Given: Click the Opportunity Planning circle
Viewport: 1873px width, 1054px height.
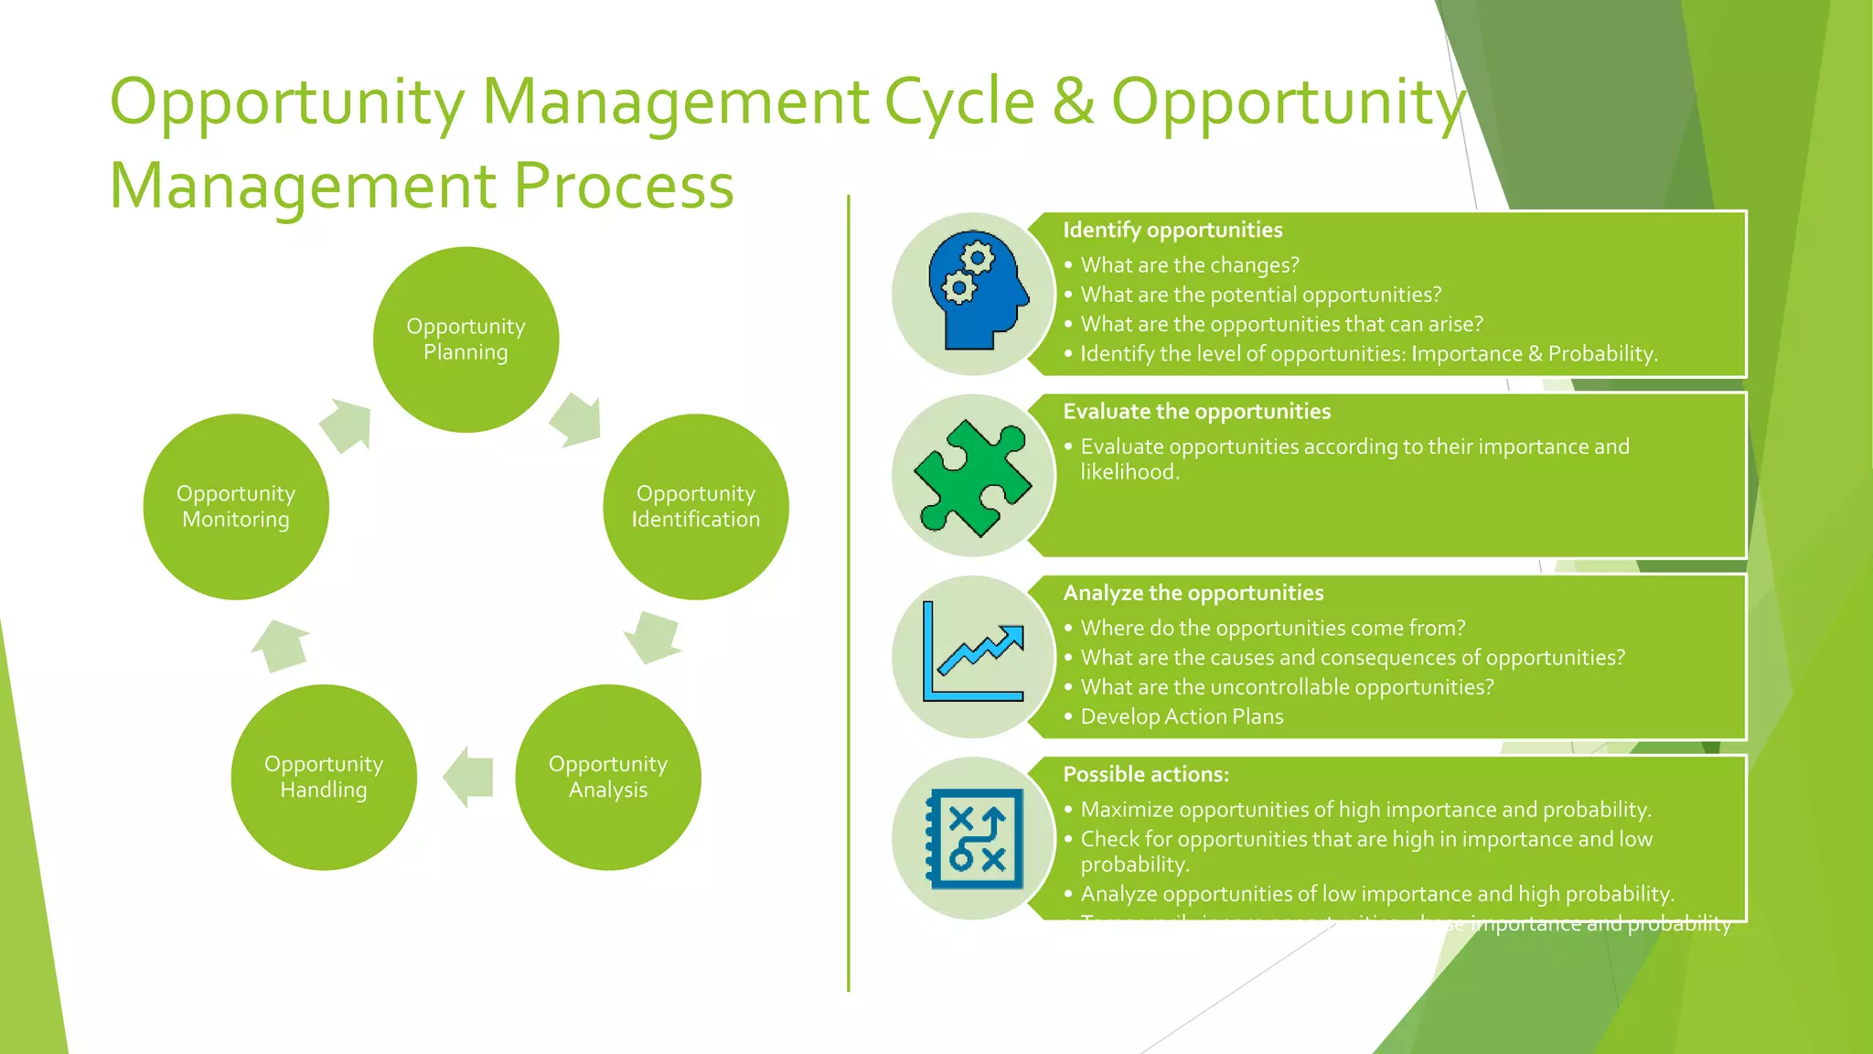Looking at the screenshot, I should click(466, 339).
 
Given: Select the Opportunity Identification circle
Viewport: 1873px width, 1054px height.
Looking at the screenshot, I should click(696, 507).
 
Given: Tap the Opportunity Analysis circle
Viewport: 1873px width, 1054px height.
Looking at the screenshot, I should click(608, 777).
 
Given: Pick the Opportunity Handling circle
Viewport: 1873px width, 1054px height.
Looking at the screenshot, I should click(324, 777).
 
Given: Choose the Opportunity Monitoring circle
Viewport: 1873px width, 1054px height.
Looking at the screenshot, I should click(236, 507).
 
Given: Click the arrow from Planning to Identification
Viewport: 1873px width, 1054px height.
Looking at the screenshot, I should click(577, 420).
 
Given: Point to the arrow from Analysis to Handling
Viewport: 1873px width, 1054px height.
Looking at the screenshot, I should click(469, 777).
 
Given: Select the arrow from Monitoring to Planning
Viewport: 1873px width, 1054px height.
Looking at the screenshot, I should click(348, 425).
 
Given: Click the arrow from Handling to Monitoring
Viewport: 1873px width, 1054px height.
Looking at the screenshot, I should click(280, 645).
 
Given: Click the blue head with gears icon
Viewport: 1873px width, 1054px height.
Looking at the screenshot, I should click(974, 293).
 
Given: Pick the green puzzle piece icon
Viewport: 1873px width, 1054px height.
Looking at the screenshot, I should click(974, 476).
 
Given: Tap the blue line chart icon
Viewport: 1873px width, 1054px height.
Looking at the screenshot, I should click(974, 655).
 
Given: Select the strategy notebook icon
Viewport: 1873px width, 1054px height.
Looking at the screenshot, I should click(976, 838).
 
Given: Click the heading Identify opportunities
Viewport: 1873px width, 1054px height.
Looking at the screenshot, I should click(1172, 230).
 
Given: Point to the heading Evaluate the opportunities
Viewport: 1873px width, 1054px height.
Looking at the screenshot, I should click(1196, 412).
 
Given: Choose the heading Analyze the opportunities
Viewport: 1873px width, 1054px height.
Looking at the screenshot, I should click(1193, 593).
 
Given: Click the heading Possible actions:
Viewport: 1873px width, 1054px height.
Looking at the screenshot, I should click(1145, 774).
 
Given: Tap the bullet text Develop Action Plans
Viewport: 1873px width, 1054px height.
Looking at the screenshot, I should click(1182, 716).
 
